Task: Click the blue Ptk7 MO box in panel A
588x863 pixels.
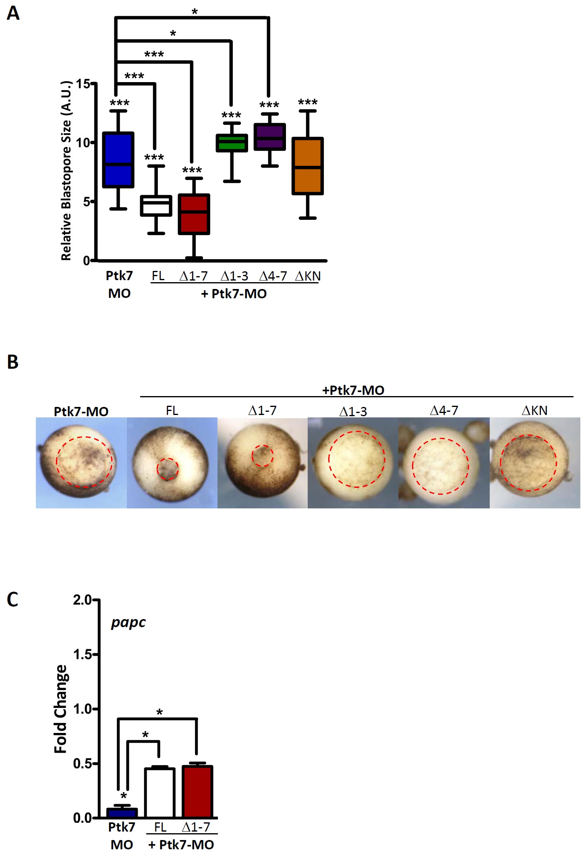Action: [118, 159]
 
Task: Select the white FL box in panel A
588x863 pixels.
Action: [156, 206]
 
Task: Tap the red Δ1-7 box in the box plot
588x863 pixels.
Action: [194, 214]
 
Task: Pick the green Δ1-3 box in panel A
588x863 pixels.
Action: [232, 143]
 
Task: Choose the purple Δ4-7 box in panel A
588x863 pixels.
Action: [269, 137]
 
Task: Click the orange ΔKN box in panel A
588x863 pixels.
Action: [307, 166]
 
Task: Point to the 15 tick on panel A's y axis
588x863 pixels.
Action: [83, 84]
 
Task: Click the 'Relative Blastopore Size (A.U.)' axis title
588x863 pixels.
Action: [66, 171]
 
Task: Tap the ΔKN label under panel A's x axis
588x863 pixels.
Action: [308, 276]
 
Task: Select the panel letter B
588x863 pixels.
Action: [13, 362]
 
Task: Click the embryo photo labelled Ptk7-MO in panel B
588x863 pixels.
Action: [81, 462]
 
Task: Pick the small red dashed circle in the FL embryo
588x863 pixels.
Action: [168, 469]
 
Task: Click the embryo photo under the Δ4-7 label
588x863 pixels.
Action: [444, 462]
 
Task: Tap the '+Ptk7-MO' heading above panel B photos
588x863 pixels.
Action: [353, 390]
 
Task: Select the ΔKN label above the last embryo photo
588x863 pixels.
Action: [534, 411]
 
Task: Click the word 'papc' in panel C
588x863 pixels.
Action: [128, 623]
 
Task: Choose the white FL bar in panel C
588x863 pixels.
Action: [160, 793]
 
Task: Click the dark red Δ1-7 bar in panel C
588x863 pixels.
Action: [197, 791]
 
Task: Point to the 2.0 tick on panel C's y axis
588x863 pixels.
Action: [82, 600]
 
